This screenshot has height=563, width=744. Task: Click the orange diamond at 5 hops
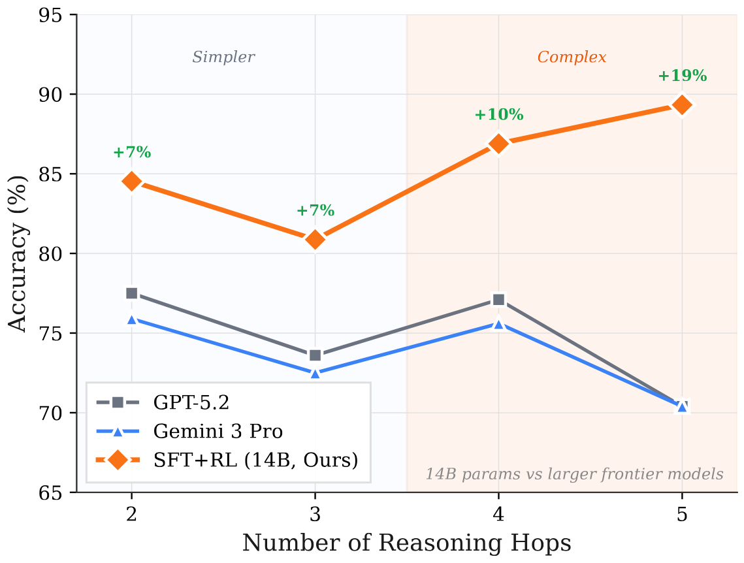pyautogui.click(x=682, y=105)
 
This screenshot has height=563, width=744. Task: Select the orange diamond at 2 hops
pyautogui.click(x=132, y=182)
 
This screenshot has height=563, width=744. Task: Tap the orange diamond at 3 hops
pyautogui.click(x=315, y=240)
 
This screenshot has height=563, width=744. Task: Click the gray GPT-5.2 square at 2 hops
pyautogui.click(x=132, y=293)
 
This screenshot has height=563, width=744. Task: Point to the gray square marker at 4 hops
pyautogui.click(x=499, y=300)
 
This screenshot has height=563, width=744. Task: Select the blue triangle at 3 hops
pyautogui.click(x=315, y=373)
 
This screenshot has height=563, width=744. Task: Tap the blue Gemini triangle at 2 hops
pyautogui.click(x=132, y=319)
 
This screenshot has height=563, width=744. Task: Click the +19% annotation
pyautogui.click(x=682, y=76)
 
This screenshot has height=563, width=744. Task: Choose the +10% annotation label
pyautogui.click(x=499, y=115)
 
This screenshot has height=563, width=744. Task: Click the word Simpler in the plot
pyautogui.click(x=223, y=57)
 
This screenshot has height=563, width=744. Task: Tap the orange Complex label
pyautogui.click(x=572, y=57)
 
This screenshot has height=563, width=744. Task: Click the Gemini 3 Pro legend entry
pyautogui.click(x=218, y=430)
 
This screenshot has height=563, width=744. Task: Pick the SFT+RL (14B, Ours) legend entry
pyautogui.click(x=255, y=459)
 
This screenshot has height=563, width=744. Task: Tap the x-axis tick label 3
pyautogui.click(x=315, y=514)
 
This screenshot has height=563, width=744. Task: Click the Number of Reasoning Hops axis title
pyautogui.click(x=407, y=543)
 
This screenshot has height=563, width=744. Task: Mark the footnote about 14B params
pyautogui.click(x=575, y=474)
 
